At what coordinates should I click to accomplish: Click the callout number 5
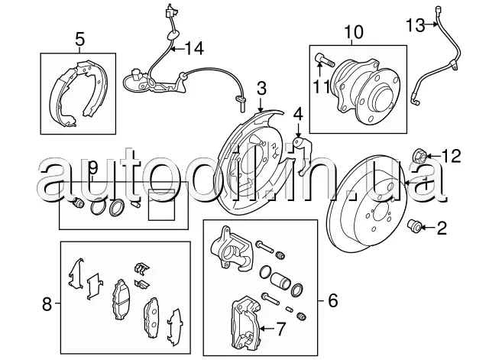click(x=79, y=38)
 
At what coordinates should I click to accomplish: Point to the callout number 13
click(x=414, y=26)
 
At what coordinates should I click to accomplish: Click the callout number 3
click(x=261, y=89)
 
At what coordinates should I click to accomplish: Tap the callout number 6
click(x=332, y=300)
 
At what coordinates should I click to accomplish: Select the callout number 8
click(x=47, y=306)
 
